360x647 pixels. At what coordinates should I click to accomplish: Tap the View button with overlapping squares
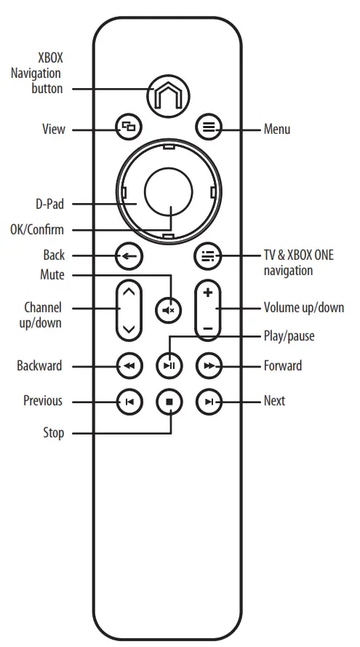point(128,128)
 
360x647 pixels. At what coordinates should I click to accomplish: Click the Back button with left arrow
point(128,256)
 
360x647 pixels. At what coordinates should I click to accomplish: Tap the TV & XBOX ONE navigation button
point(209,256)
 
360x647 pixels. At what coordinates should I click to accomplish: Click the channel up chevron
point(129,293)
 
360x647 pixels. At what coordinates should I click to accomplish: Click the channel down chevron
point(129,328)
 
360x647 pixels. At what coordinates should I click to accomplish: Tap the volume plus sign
point(208,293)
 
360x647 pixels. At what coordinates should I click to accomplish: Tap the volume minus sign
point(208,328)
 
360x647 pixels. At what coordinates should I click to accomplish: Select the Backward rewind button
point(128,365)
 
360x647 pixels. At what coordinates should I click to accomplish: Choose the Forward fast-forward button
point(209,365)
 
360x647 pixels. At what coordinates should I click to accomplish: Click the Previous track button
point(128,401)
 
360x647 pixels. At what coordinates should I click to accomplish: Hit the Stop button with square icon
point(169,401)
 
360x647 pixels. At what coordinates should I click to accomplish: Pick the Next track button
point(209,401)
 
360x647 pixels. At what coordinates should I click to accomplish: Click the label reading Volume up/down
point(303,308)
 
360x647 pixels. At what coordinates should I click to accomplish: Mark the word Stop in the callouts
point(53,434)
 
